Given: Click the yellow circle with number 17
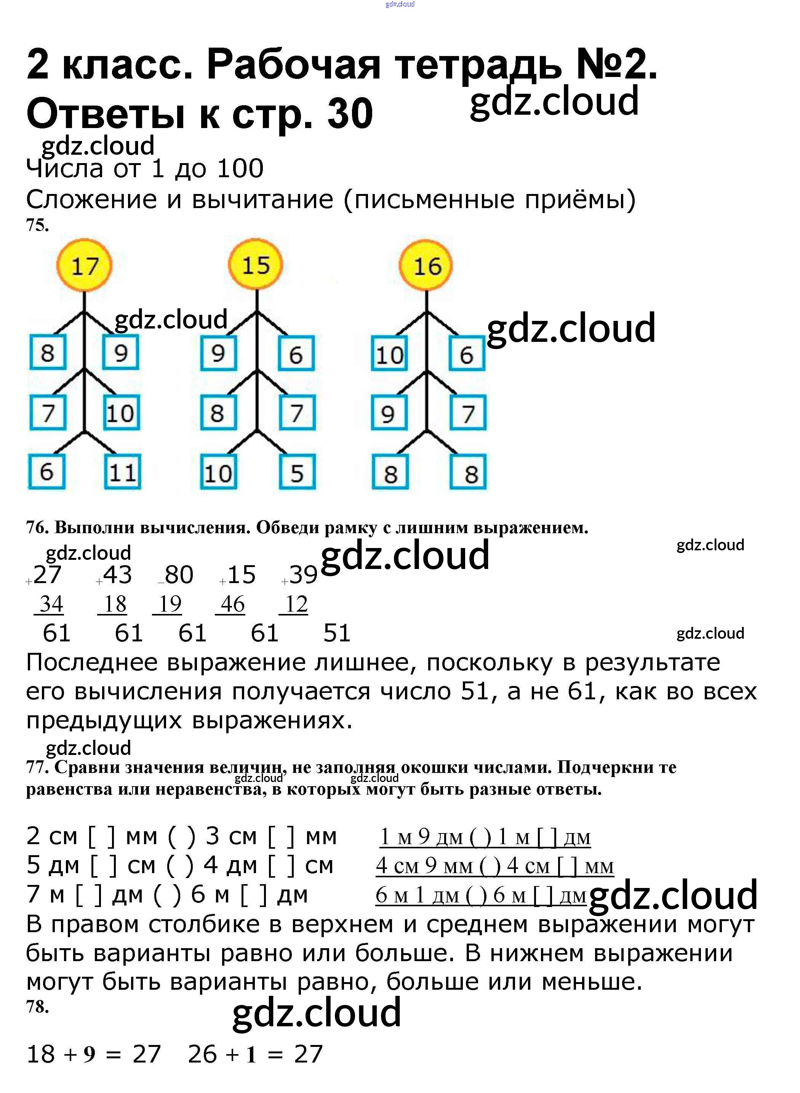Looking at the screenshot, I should tap(84, 266).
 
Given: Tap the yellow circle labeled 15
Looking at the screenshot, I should tap(255, 266).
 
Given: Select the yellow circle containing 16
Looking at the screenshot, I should tap(426, 266).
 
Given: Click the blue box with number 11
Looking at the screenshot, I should tap(123, 472).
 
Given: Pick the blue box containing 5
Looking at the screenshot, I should tap(297, 472).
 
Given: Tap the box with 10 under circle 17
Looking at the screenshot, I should tap(121, 413).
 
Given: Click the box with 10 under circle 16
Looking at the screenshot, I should tap(389, 354).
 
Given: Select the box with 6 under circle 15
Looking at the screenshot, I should tap(296, 354).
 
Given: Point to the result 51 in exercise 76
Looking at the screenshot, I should tap(336, 633).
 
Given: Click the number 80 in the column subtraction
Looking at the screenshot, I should tap(178, 575).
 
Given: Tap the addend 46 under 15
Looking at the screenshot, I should tap(232, 604).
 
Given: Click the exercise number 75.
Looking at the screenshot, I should tap(37, 225).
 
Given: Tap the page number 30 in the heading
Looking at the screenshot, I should tap(350, 114).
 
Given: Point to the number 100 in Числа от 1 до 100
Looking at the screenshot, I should tap(241, 168).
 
